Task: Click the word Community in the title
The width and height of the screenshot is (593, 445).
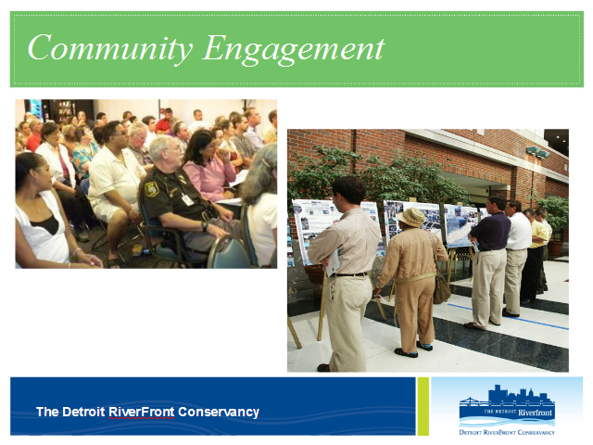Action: pos(109,48)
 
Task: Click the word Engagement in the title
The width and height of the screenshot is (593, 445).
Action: pos(294,48)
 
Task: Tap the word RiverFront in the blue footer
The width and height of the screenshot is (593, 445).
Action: pos(142,412)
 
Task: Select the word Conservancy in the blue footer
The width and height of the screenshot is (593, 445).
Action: pos(219,412)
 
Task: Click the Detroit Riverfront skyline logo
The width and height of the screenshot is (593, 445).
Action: pos(507,410)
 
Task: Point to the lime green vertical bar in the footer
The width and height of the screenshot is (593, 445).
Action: pos(423,406)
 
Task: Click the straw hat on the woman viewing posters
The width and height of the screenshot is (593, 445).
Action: pos(411,217)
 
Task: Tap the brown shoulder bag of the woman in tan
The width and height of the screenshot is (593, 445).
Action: pos(441,288)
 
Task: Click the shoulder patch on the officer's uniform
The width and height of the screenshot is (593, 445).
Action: pos(152,189)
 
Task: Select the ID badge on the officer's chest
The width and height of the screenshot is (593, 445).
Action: pos(187,199)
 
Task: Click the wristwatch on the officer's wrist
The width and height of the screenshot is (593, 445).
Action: pos(205,226)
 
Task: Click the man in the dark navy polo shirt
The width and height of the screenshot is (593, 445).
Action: pos(488,261)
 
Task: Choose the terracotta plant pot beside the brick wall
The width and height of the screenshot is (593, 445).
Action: pos(555,248)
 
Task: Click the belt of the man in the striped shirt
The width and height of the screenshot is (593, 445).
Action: pos(350,274)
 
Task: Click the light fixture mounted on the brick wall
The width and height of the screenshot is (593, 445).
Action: pos(537,152)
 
